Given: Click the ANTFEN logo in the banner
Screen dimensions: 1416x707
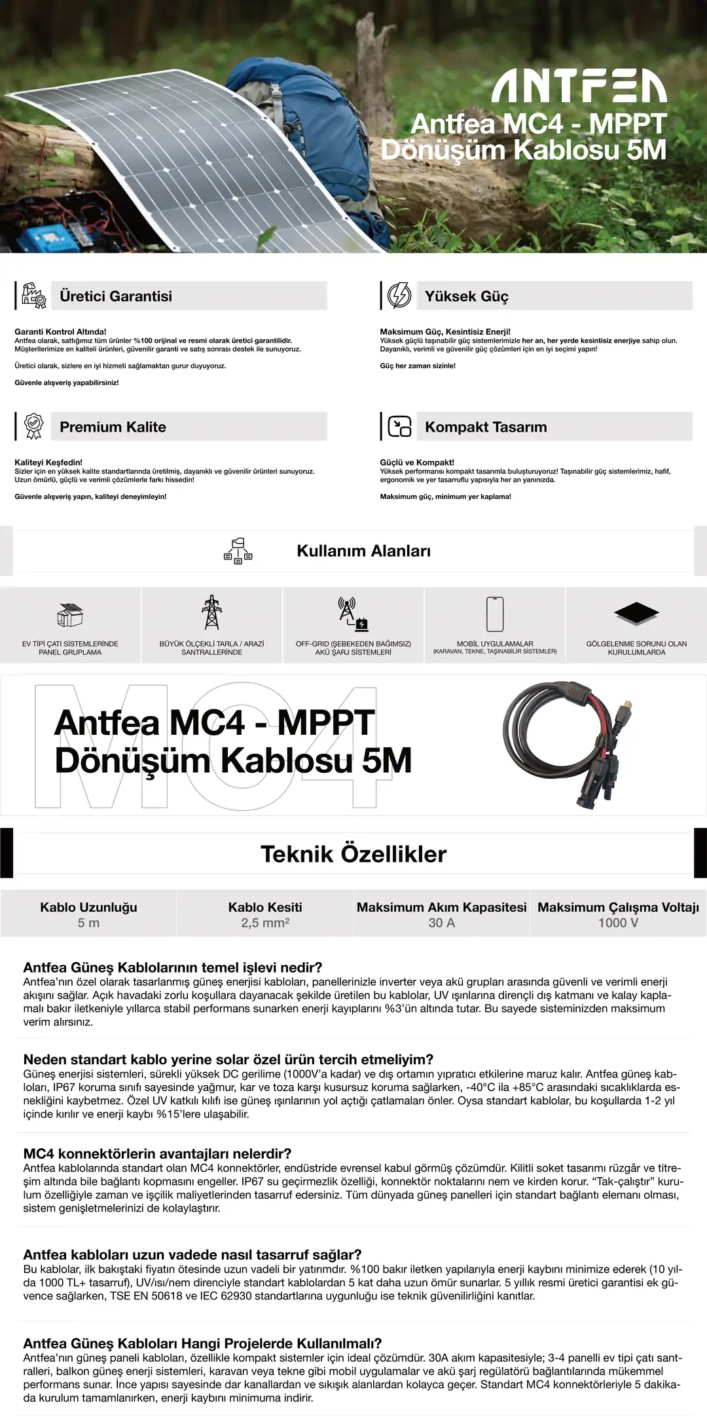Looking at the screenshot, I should (579, 87).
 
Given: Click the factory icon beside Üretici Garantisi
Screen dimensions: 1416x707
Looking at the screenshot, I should (33, 295).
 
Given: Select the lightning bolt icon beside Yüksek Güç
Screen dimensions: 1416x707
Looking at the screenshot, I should (399, 295).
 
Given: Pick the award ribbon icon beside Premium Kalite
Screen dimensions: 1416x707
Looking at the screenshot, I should (33, 426).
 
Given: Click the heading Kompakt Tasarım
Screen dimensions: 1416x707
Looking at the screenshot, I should (486, 427).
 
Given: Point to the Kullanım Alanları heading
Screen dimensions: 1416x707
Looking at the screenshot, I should (363, 551).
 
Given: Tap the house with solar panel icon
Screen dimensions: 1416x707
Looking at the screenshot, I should (70, 615).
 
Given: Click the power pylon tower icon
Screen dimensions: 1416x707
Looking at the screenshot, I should (211, 612).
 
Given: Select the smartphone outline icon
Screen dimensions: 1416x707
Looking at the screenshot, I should (495, 614).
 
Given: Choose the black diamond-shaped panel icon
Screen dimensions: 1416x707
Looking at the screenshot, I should (636, 613).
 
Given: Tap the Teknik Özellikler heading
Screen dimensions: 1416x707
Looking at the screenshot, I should (353, 854).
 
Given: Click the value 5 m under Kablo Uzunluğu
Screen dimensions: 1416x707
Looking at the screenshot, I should (88, 923).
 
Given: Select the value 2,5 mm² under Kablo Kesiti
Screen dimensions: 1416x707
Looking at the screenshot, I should (265, 923).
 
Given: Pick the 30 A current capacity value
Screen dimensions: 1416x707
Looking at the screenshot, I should (441, 923).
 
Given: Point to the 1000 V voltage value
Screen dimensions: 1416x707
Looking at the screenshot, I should (618, 923).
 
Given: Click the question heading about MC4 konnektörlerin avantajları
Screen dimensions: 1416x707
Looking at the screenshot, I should (157, 1153).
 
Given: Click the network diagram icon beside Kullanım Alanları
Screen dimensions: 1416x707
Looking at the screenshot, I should (238, 551).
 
